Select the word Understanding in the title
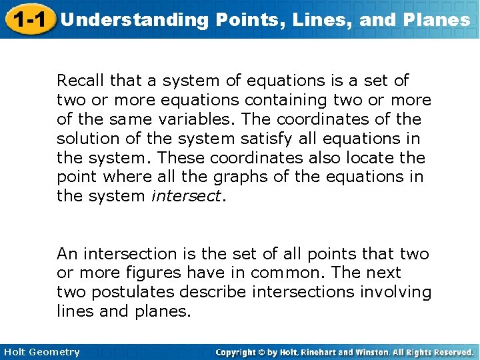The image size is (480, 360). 134,20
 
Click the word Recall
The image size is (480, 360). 81,81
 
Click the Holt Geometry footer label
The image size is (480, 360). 41,352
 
